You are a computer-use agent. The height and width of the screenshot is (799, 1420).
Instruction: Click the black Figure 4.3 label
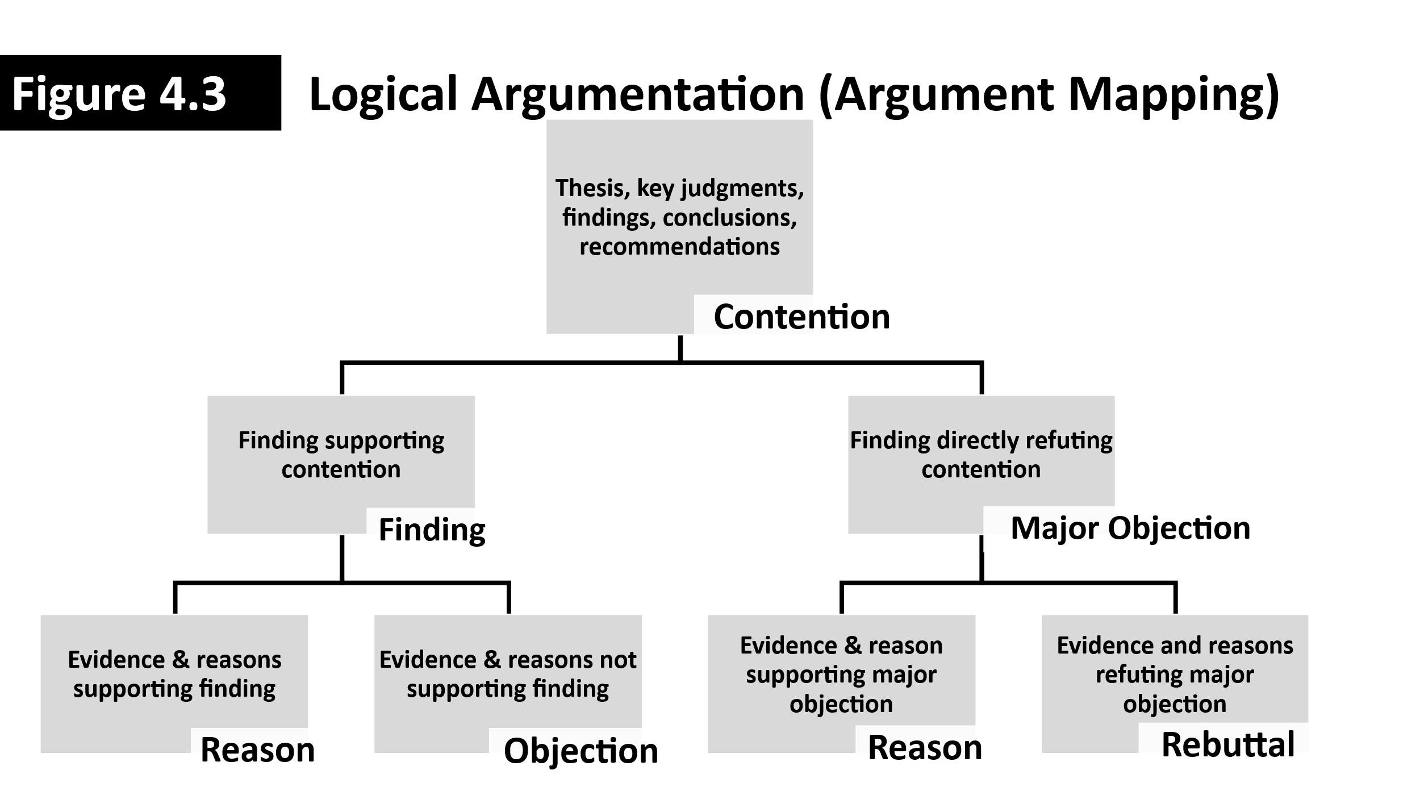pos(140,93)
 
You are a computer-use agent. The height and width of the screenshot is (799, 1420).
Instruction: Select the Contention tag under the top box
pos(801,317)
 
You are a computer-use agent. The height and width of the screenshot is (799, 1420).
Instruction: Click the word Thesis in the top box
pos(592,188)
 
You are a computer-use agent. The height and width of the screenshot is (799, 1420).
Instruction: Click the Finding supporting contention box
pos(341,455)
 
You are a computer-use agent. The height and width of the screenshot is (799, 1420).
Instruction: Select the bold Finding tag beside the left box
pos(432,530)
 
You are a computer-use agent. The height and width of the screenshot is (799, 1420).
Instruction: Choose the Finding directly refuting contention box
pos(981,455)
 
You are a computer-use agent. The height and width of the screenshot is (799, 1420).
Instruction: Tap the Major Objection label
pos(1130,528)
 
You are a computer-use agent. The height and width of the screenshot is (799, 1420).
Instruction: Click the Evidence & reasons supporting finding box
pos(174,674)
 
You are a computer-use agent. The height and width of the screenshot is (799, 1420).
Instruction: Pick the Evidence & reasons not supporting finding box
pos(507,674)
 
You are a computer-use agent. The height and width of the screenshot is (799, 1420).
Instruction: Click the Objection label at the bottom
pos(580,751)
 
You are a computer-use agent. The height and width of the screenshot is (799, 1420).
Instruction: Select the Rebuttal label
pos(1228,744)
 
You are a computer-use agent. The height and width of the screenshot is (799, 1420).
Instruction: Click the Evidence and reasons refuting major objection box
pos(1175,674)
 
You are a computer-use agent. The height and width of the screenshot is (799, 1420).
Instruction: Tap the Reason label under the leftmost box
pos(257,750)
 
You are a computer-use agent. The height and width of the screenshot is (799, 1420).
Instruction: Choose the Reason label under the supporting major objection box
pos(925,747)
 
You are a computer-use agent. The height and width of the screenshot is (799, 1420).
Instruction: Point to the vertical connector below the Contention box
pos(680,348)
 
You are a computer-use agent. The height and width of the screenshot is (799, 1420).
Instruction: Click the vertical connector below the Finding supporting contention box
pos(342,558)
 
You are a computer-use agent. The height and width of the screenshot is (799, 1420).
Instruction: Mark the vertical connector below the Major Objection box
pos(982,558)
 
